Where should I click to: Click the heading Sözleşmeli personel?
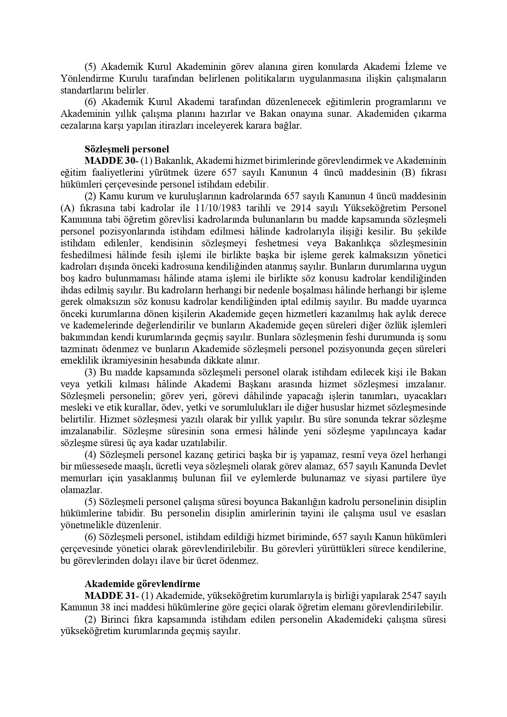click(x=127, y=149)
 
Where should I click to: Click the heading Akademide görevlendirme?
click(x=142, y=583)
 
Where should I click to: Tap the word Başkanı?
click(x=256, y=384)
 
